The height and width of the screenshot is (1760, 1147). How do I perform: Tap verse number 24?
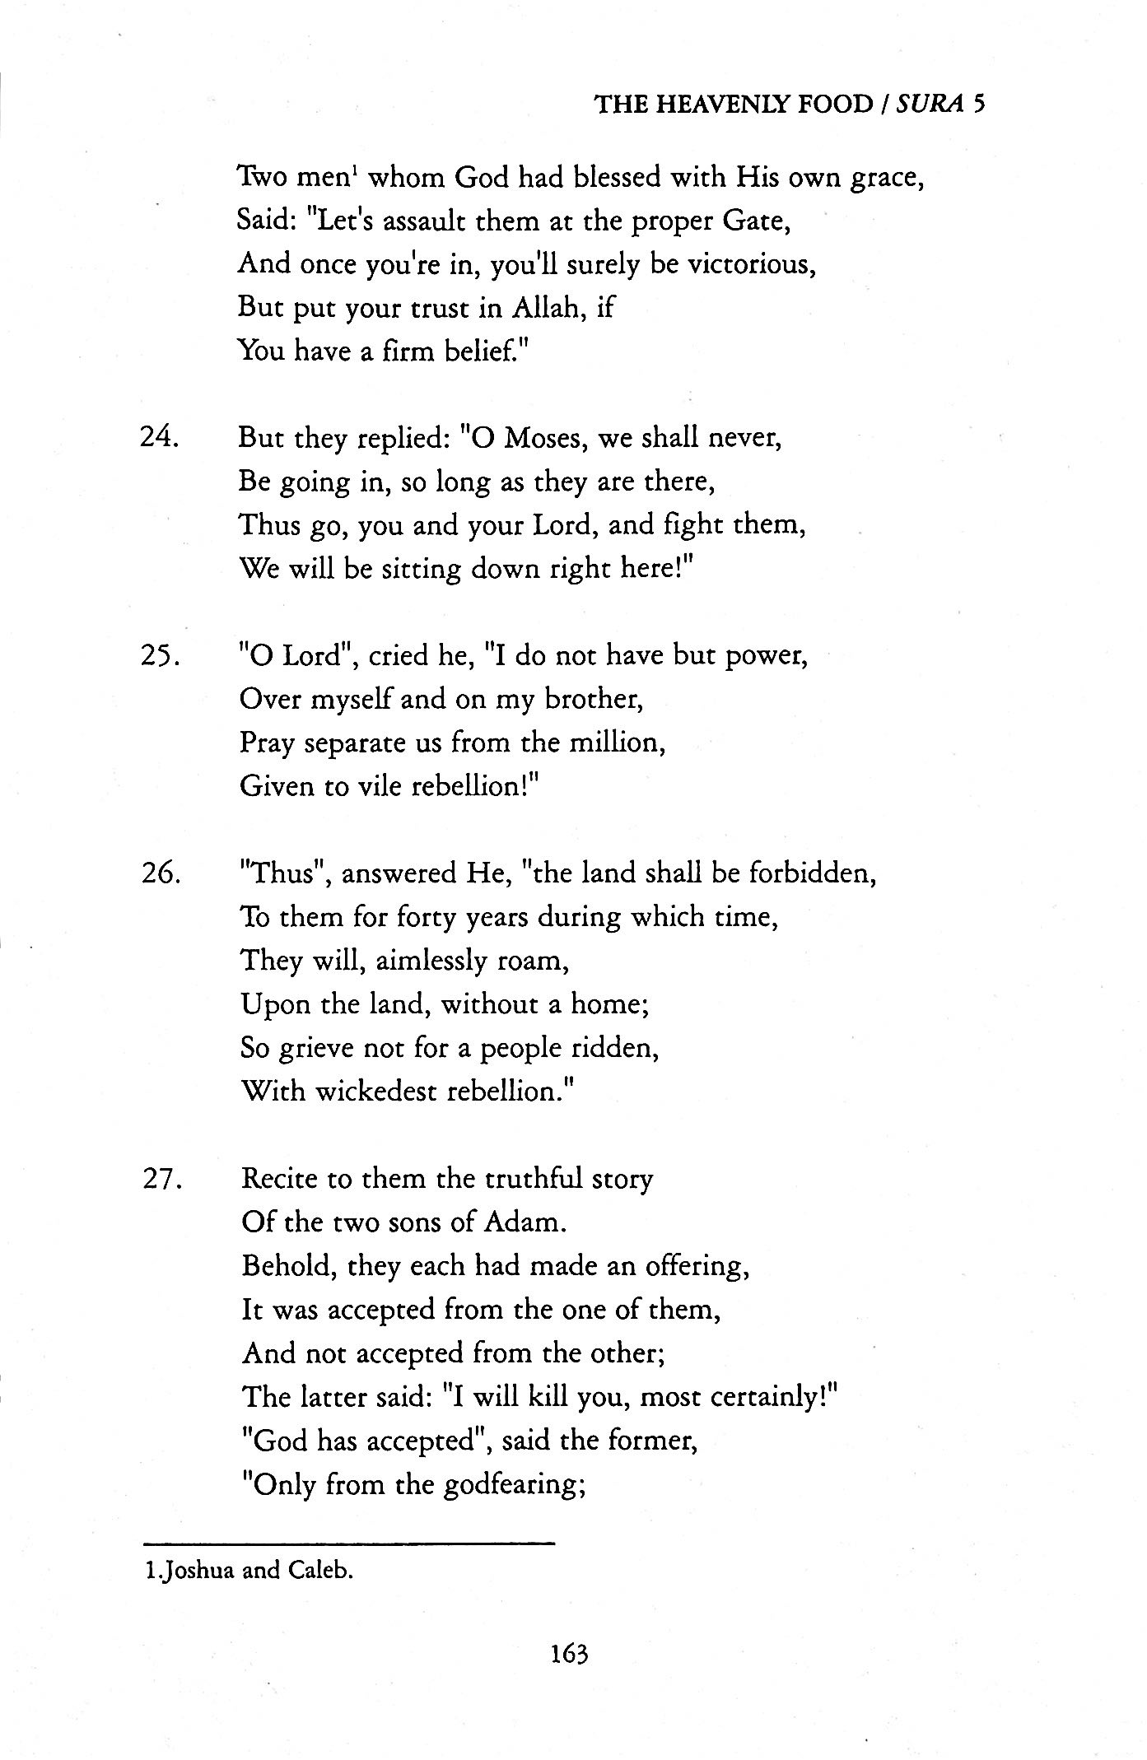[x=160, y=437]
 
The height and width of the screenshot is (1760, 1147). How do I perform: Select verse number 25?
[x=161, y=656]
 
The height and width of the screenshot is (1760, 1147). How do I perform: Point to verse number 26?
[x=161, y=873]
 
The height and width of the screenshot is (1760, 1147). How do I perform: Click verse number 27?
[x=161, y=1179]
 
